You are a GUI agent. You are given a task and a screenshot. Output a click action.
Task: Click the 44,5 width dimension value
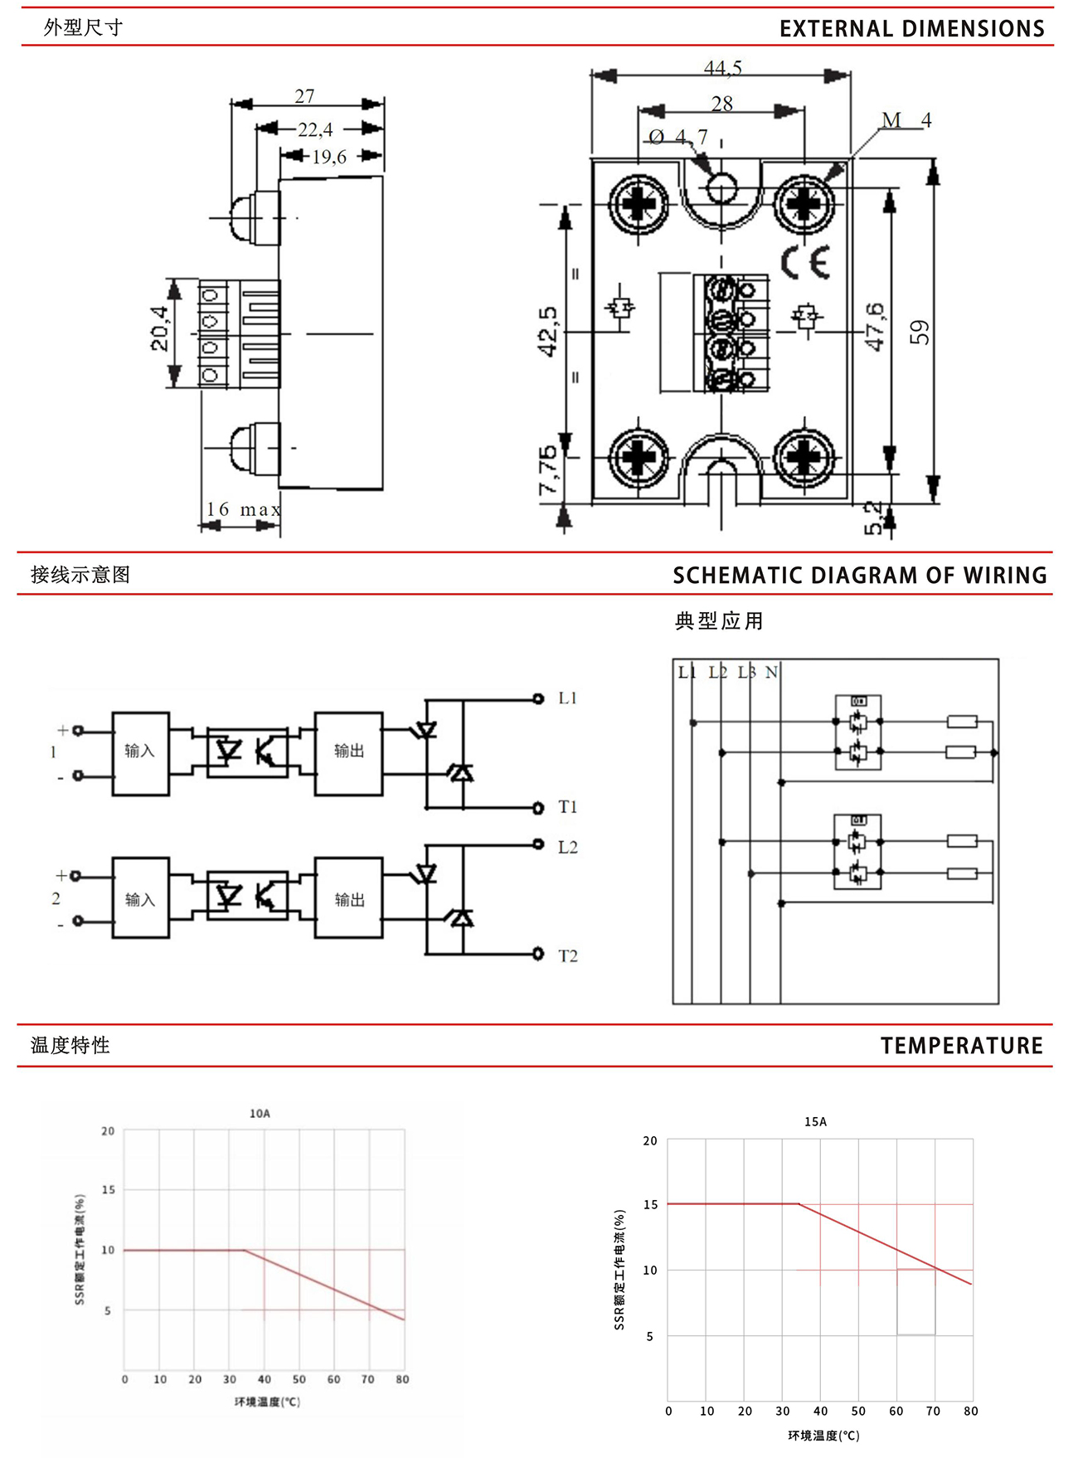click(722, 68)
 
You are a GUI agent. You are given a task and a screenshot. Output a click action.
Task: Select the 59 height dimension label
click(920, 333)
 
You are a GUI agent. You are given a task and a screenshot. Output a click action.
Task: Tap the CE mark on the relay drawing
click(805, 262)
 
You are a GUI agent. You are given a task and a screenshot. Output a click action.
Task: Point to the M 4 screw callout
click(906, 120)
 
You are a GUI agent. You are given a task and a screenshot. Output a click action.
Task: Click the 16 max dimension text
click(243, 508)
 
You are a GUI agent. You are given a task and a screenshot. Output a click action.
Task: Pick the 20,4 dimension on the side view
click(160, 328)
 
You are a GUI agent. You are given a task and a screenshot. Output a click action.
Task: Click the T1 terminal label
click(568, 807)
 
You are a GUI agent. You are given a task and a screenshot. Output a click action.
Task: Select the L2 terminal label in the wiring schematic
click(568, 847)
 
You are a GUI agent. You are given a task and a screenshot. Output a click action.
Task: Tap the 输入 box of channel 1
click(140, 751)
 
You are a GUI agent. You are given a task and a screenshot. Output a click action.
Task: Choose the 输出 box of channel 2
click(349, 900)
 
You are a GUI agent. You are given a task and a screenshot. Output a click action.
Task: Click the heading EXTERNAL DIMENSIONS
click(911, 29)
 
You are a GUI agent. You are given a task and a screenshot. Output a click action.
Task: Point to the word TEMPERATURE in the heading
click(961, 1046)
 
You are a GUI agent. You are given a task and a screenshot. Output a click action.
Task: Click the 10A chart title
click(260, 1113)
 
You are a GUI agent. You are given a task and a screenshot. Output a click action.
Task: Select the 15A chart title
click(815, 1121)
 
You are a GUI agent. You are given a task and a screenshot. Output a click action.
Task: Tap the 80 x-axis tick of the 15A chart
click(971, 1411)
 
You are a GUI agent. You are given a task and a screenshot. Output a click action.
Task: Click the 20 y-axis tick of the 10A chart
click(108, 1130)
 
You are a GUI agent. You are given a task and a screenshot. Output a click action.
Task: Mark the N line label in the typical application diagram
click(771, 672)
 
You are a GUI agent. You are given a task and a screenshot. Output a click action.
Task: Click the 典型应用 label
click(719, 621)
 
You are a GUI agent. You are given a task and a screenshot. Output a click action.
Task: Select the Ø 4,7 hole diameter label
click(678, 137)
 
